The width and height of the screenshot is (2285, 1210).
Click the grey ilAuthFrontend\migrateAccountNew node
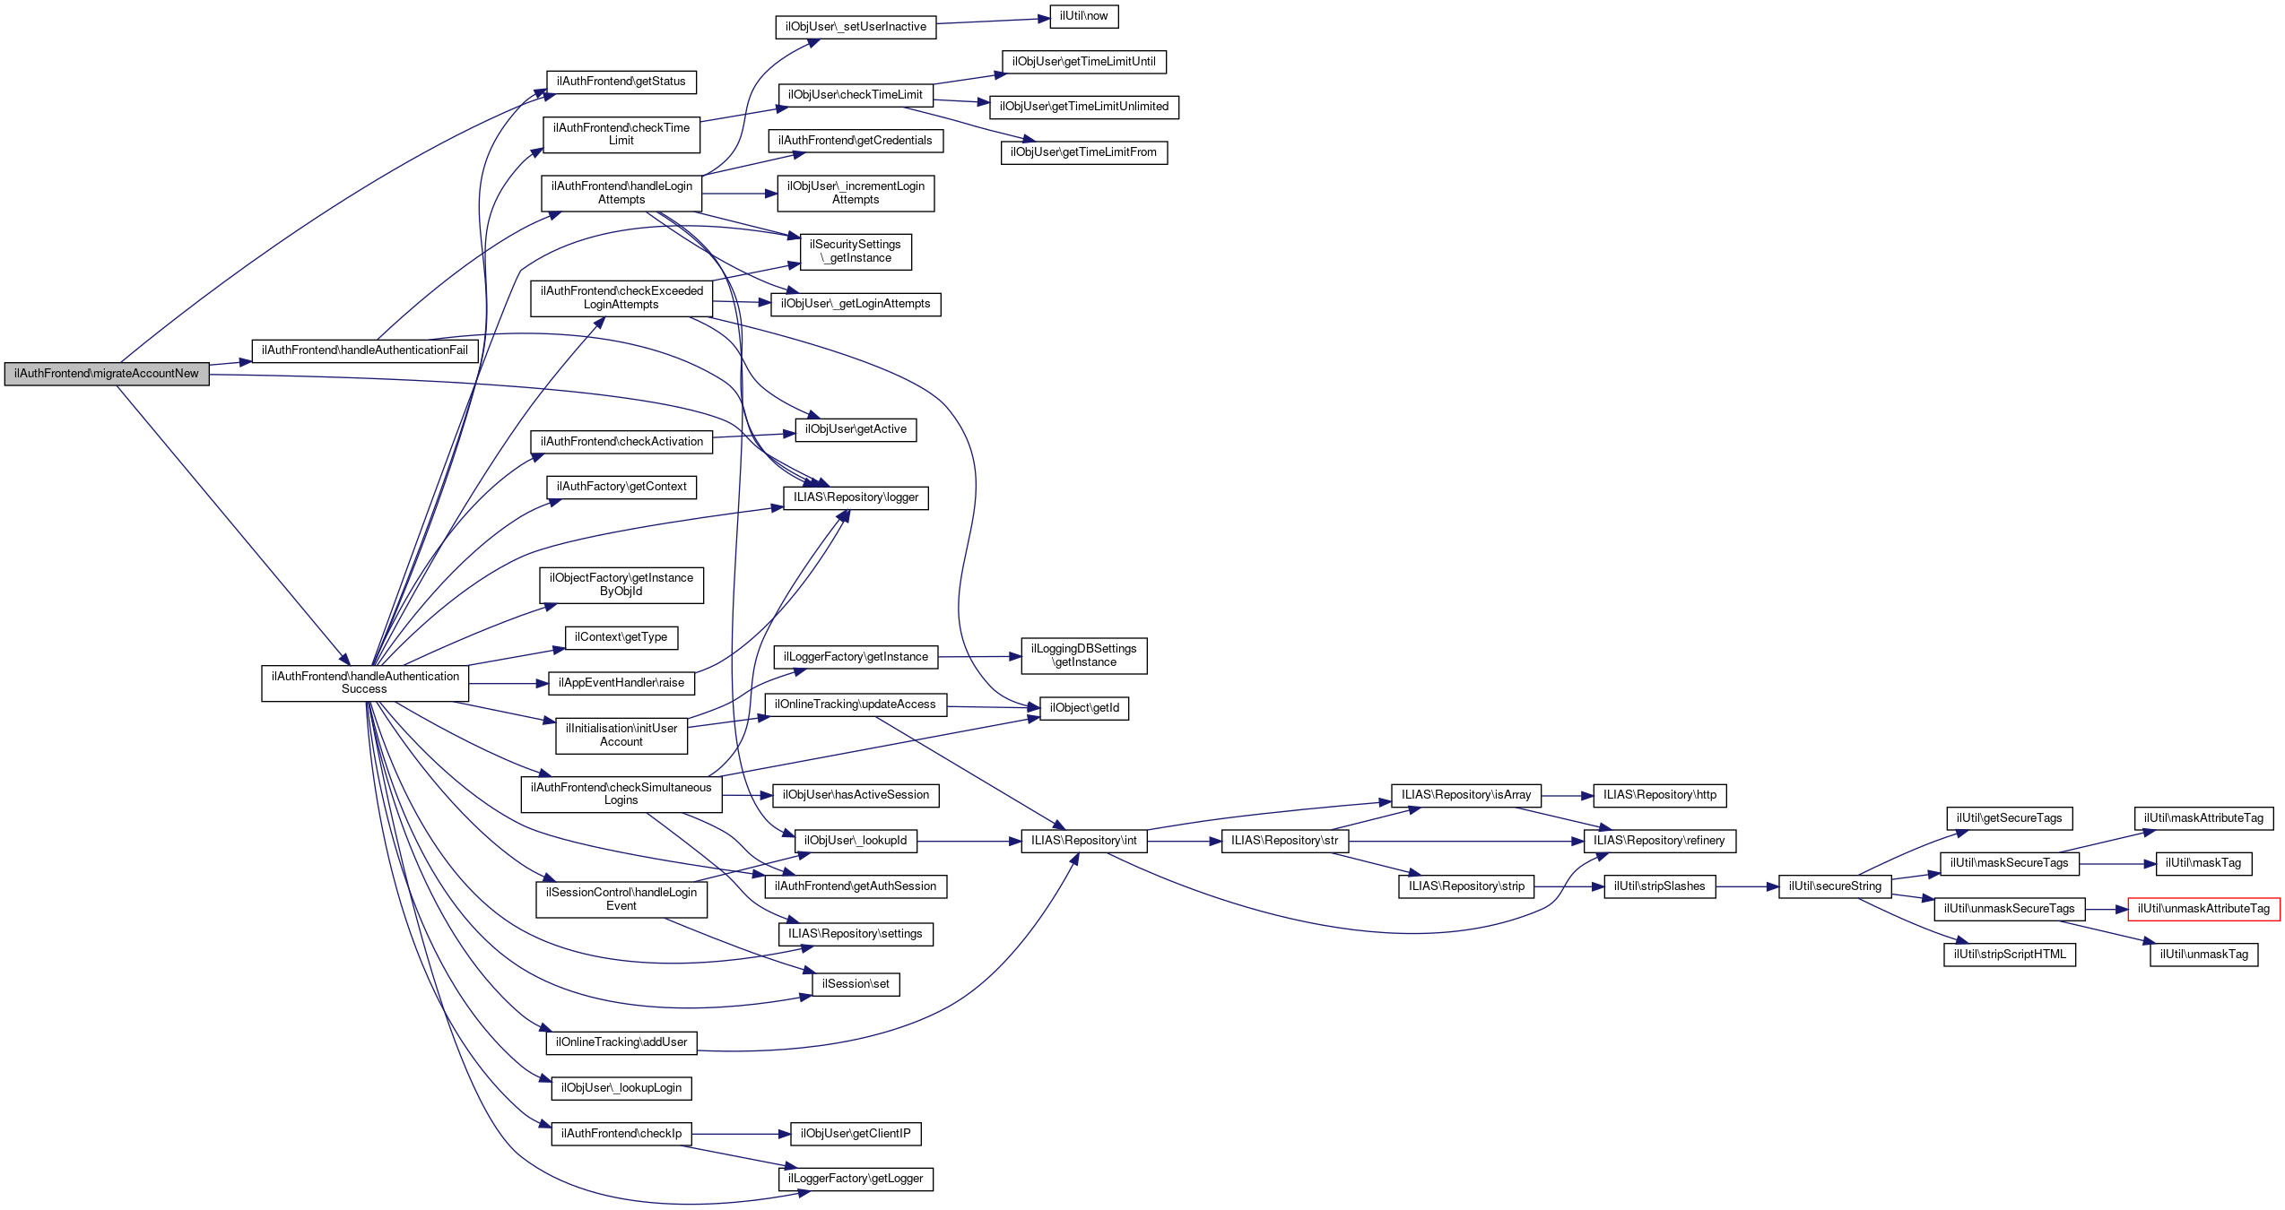106,374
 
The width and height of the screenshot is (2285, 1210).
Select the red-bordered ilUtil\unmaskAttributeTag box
2203,909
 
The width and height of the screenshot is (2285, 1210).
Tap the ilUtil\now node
1083,16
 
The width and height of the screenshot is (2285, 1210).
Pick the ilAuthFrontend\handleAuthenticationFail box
364,350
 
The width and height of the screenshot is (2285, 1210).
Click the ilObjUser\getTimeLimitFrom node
1083,152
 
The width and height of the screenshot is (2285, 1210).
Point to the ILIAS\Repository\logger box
856,497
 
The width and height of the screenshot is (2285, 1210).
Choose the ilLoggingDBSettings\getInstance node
1083,655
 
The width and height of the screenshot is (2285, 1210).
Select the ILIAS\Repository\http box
1659,795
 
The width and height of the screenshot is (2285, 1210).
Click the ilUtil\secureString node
1835,886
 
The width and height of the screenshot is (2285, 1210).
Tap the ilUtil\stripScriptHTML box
2009,955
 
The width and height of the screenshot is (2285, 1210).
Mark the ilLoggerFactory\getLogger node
856,1179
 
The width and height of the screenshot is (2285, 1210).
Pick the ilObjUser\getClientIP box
856,1134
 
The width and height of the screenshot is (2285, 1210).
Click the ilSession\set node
856,984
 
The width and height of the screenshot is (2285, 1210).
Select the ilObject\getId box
1083,708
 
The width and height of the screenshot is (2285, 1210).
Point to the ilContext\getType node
621,637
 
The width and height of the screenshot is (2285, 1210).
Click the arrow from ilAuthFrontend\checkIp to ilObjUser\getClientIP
741,1134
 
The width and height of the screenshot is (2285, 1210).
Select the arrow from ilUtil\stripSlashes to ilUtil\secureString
1747,886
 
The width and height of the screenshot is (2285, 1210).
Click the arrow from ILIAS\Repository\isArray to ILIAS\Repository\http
1567,795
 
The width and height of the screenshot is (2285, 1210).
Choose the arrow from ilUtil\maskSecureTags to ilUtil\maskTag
2117,864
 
